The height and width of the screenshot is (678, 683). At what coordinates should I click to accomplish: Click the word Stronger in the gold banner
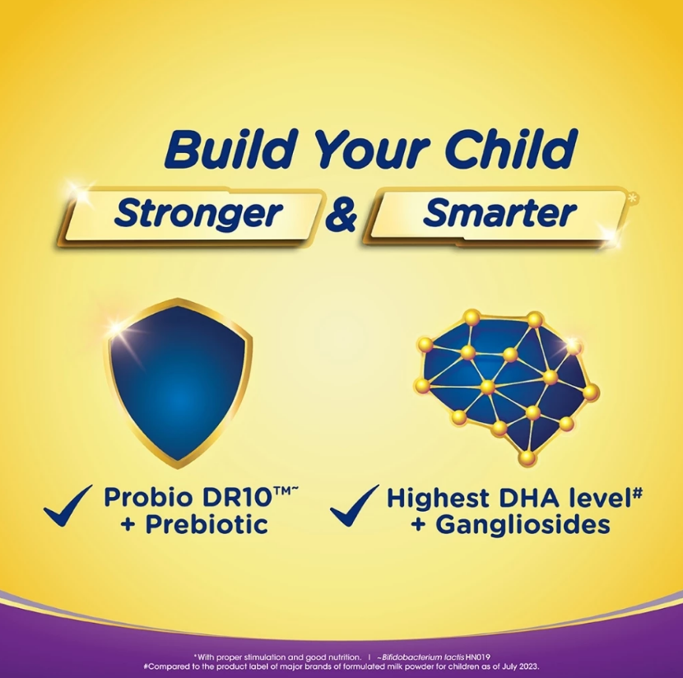point(198,213)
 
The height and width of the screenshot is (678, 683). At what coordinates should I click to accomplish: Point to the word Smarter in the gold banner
point(499,213)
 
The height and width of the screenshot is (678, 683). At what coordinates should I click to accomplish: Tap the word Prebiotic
point(207,524)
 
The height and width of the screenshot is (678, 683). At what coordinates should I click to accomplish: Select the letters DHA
point(528,498)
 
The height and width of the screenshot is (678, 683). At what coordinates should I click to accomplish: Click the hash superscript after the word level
point(637,493)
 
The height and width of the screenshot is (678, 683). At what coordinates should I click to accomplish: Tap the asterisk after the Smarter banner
point(633,199)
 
